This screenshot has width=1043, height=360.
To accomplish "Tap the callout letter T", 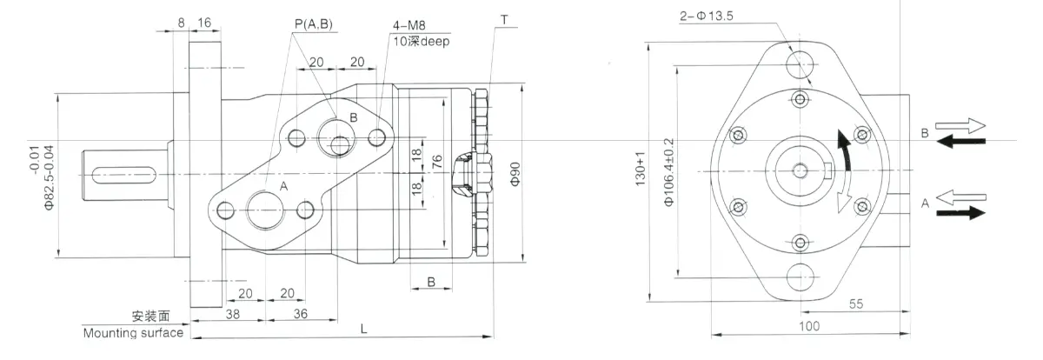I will tap(504, 17).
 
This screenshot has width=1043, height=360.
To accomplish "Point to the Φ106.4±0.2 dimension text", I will tap(668, 171).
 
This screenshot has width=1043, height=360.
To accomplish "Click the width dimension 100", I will tap(809, 325).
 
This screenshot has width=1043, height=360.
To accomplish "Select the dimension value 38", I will tap(209, 313).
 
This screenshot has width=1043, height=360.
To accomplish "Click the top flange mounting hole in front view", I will tap(801, 63).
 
